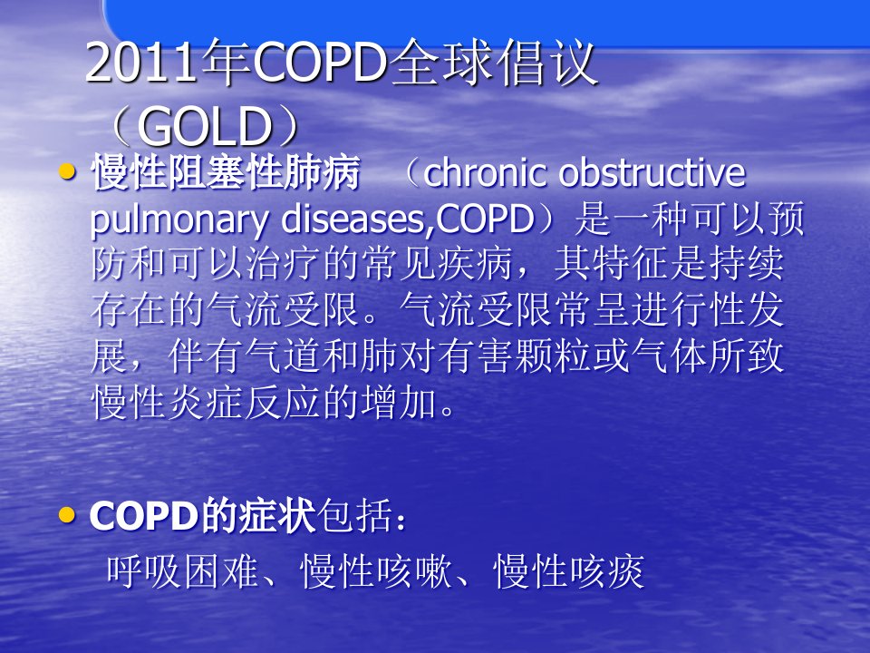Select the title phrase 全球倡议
(493, 63)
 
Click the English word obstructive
(652, 172)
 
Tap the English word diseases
(354, 219)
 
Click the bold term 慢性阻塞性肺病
(226, 172)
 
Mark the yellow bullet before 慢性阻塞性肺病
(67, 171)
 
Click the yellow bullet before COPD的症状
(67, 515)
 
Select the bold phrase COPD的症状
(202, 516)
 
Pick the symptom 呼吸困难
(182, 571)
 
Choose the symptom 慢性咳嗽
(375, 571)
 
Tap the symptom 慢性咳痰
(569, 571)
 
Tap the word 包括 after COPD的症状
(355, 516)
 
